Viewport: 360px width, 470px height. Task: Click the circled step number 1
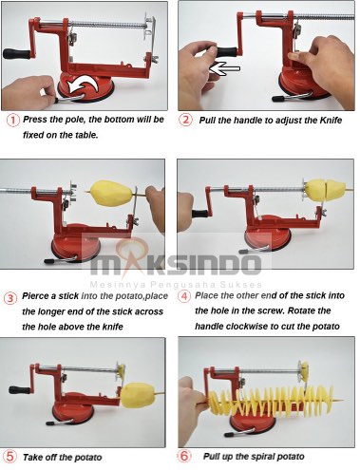[13, 121]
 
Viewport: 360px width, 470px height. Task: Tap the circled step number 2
[185, 120]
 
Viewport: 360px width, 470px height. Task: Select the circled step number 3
[10, 298]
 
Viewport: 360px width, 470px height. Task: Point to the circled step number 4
[184, 296]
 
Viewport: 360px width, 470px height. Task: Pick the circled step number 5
[9, 457]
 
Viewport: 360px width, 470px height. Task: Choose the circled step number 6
[184, 456]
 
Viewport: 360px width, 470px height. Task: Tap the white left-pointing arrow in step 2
[225, 68]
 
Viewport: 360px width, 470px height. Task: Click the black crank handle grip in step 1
[15, 54]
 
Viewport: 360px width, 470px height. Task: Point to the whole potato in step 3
[111, 193]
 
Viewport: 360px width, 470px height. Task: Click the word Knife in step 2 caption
[331, 121]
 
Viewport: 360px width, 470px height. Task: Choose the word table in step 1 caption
[86, 135]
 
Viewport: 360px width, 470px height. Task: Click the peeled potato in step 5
[138, 395]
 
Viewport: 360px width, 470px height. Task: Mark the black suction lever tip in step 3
[49, 261]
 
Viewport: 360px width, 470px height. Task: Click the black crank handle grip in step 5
[18, 390]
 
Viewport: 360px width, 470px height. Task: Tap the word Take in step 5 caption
[32, 458]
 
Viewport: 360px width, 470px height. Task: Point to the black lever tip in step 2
[277, 99]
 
